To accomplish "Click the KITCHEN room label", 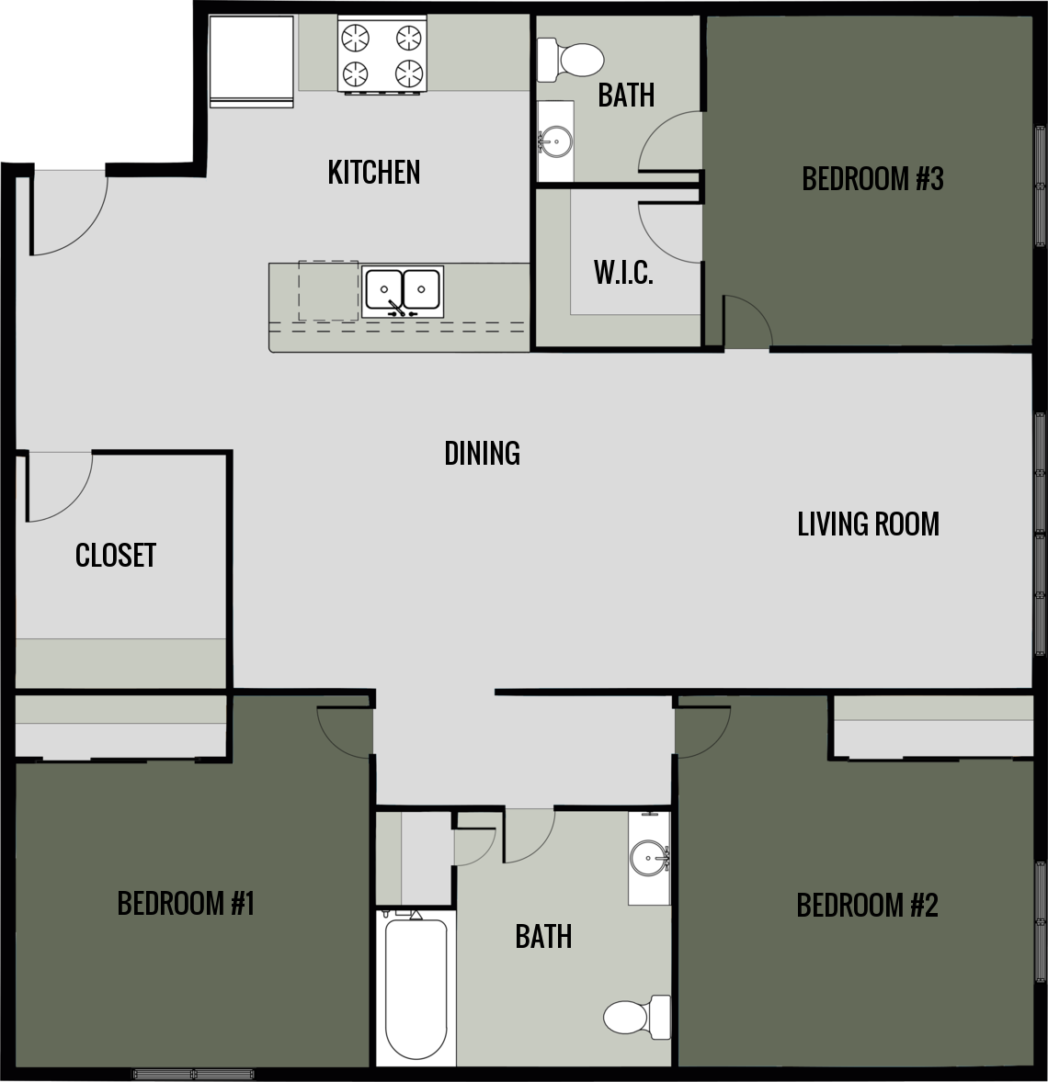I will coord(373,173).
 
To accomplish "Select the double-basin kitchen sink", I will coord(403,292).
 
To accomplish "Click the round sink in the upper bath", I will coord(554,141).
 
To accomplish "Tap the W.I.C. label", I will coord(623,274).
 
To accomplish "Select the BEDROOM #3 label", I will coord(872,178).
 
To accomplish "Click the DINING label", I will coord(482,453).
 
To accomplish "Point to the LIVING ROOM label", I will coord(868,524).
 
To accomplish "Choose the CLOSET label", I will coord(116,555).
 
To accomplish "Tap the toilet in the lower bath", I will coord(634,1014).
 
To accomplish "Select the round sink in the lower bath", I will coord(649,859).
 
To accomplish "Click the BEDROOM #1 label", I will coord(185,904).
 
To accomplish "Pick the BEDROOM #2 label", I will coord(867,906).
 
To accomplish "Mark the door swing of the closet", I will coord(57,486).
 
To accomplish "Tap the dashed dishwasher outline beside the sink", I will coord(328,290).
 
